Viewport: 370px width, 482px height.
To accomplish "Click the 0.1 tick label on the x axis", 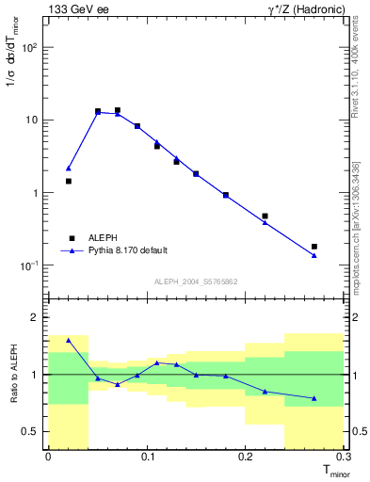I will pos(146,456).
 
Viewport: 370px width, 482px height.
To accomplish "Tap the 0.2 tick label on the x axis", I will pos(245,456).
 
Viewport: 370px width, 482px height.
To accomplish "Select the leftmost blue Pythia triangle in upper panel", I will pos(68,169).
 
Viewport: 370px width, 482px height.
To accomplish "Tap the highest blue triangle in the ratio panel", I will pos(68,340).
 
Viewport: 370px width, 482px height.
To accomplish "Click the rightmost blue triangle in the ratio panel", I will pos(314,398).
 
